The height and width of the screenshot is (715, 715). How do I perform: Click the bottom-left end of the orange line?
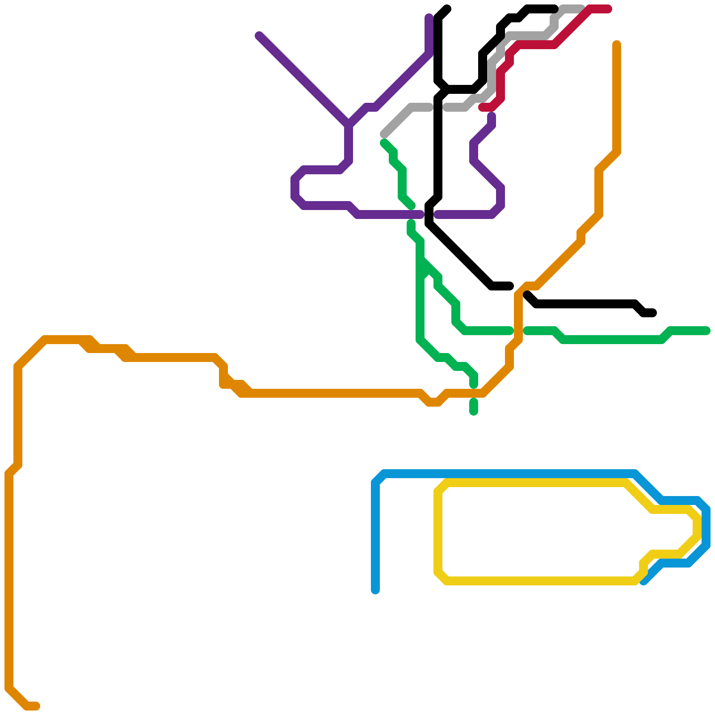click(x=36, y=706)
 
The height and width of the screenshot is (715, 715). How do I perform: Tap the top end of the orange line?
click(x=617, y=44)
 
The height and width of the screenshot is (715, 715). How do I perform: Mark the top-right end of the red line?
click(x=608, y=9)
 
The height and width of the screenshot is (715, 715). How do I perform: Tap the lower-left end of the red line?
click(x=482, y=107)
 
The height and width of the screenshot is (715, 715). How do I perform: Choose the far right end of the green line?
click(x=707, y=331)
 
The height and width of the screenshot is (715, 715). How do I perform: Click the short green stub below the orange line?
click(x=474, y=407)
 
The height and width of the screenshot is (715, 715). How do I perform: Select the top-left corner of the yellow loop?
click(x=442, y=487)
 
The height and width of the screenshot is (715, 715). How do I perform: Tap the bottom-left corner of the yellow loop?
click(x=442, y=576)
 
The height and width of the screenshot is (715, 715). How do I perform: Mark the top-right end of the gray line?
click(x=581, y=9)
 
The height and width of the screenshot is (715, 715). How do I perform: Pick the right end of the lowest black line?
click(x=653, y=313)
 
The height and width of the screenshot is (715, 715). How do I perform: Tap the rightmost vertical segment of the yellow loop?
click(x=697, y=527)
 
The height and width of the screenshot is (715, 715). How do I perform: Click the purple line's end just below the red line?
click(x=492, y=116)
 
